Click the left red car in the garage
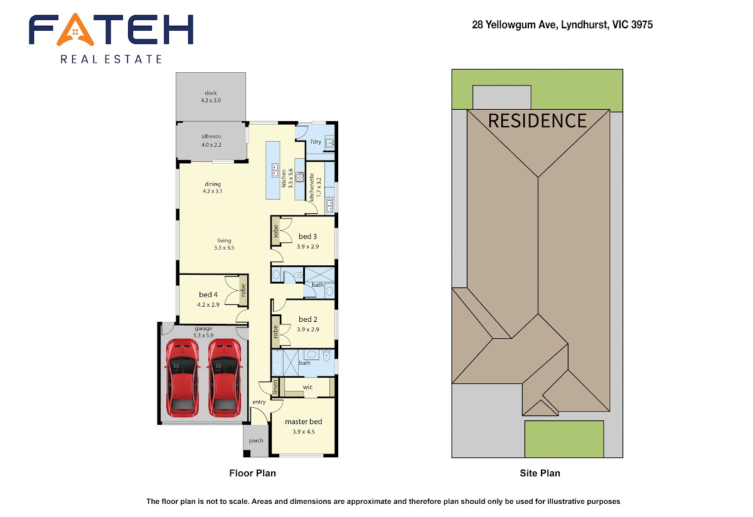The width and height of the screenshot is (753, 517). tap(182, 378)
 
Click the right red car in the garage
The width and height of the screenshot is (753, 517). tap(224, 378)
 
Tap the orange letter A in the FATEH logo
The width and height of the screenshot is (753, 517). tap(75, 29)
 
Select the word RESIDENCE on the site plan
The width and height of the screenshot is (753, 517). tap(537, 121)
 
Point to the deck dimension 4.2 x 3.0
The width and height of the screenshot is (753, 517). tap(211, 100)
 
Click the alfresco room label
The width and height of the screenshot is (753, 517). tap(211, 136)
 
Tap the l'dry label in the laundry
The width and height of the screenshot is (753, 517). tap(316, 142)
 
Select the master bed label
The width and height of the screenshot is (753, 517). tap(304, 422)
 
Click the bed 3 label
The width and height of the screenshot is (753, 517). tap(307, 237)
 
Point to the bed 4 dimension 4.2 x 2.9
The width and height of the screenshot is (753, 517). tap(208, 305)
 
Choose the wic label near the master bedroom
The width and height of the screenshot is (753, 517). tap(307, 387)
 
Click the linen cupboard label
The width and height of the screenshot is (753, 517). tap(275, 387)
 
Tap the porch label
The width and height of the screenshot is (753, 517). tap(256, 440)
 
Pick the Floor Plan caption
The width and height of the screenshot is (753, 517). tap(252, 473)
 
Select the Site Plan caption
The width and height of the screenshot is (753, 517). tap(540, 473)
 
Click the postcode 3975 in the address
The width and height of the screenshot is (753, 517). tap(642, 24)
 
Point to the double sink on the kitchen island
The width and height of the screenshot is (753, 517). tap(275, 170)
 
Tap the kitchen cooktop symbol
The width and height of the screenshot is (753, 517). tap(300, 177)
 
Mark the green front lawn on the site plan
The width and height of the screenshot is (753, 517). tap(564, 439)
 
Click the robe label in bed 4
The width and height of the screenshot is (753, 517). tap(243, 290)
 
